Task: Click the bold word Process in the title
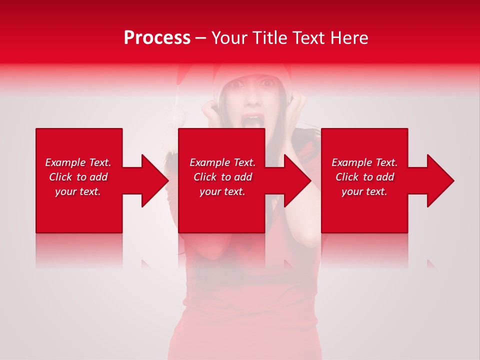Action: tap(157, 38)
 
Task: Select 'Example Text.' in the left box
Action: tap(78, 162)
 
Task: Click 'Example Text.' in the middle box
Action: tap(222, 162)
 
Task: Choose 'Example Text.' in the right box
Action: tap(364, 162)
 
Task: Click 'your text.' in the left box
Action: tap(78, 191)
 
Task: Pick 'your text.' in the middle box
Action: tap(222, 191)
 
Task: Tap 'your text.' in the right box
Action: tap(364, 191)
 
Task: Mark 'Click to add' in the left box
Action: tap(78, 177)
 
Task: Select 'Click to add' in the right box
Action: tap(364, 177)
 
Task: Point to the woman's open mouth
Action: tap(250, 121)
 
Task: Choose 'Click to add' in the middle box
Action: tap(222, 177)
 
